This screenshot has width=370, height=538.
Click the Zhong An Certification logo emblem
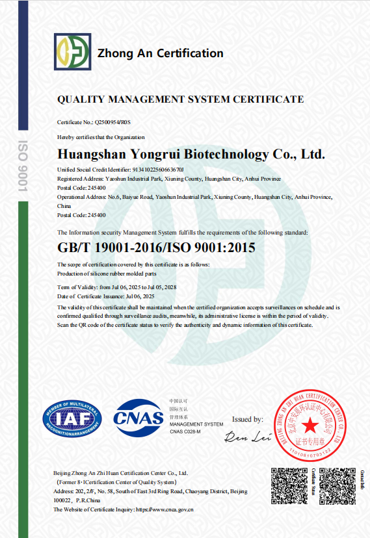(72, 52)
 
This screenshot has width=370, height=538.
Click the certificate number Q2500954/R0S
(113, 122)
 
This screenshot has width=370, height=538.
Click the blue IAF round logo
(72, 420)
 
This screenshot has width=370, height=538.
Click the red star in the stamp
(310, 426)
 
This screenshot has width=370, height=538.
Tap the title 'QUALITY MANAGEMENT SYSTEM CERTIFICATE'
(180, 99)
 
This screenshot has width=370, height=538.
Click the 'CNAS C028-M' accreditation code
(185, 431)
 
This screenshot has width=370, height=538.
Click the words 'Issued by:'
(247, 420)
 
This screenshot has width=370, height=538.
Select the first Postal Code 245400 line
(81, 187)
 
